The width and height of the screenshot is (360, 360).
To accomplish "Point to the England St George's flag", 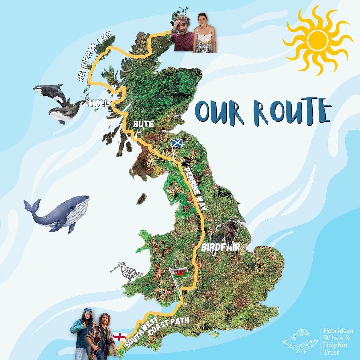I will tap(119, 337).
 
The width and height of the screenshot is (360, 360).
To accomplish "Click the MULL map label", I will tap(99, 104).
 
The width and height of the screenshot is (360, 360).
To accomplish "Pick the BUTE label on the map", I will tap(143, 124).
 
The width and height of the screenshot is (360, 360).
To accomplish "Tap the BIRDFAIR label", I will tap(221, 248).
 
